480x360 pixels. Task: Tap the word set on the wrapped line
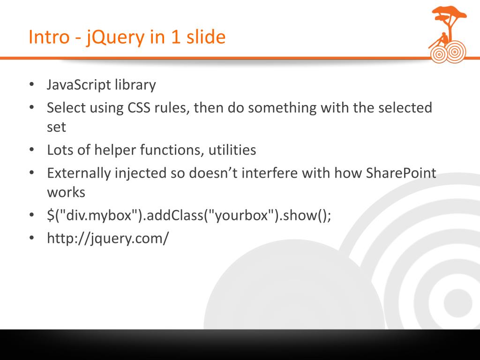point(56,127)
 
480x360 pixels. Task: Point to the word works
point(66,193)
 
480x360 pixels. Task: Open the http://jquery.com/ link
point(107,239)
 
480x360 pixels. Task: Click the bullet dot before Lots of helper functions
point(31,150)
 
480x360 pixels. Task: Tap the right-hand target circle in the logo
point(454,52)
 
